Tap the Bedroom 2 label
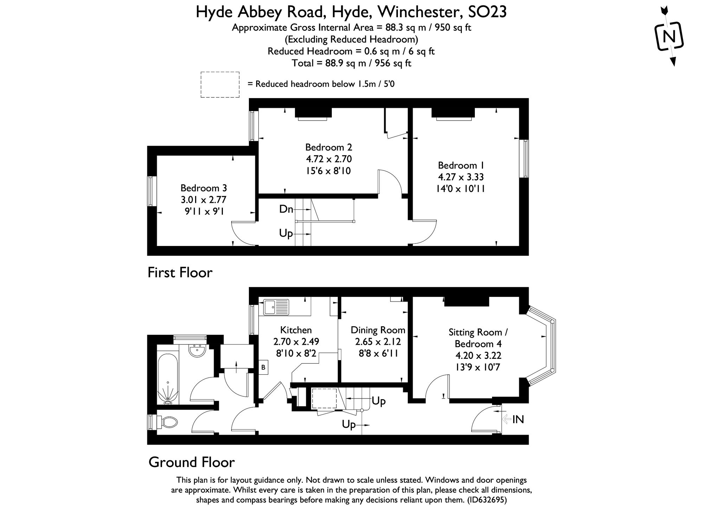(x=328, y=147)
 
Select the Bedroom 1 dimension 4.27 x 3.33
(x=460, y=177)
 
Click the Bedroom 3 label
(x=204, y=188)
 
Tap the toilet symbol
(x=168, y=422)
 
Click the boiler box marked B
(x=263, y=368)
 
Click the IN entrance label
(x=518, y=419)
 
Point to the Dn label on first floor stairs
(x=286, y=209)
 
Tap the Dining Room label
(x=378, y=330)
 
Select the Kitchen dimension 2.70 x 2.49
(x=296, y=342)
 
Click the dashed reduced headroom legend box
(x=220, y=84)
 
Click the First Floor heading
(x=180, y=273)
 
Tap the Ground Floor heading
(x=192, y=462)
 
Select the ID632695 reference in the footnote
(x=487, y=500)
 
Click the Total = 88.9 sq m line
(x=351, y=63)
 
